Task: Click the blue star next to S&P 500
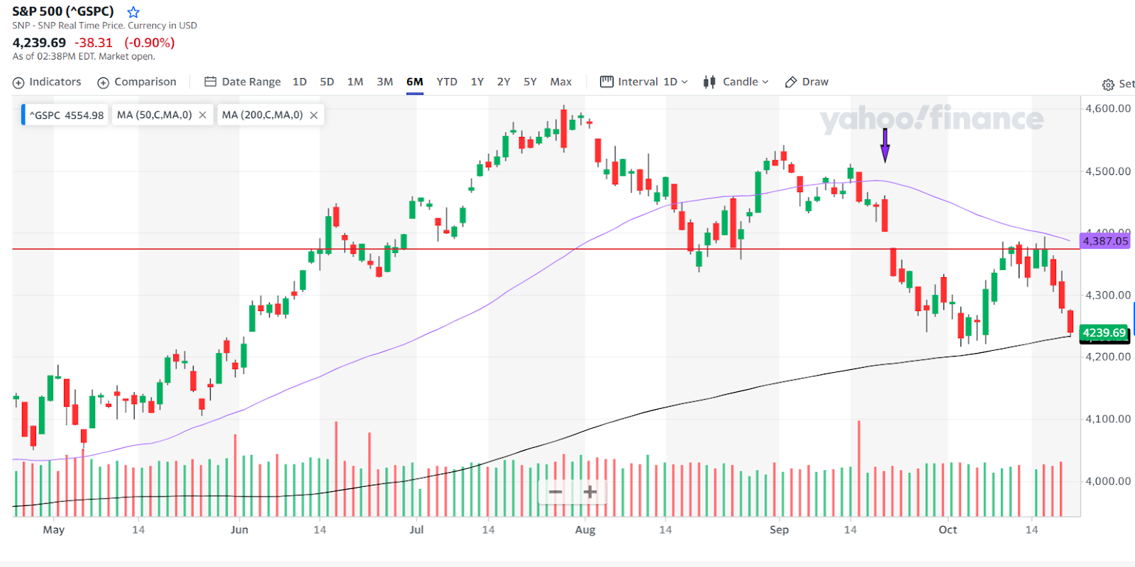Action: (133, 12)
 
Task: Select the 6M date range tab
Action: (414, 82)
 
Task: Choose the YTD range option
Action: (447, 82)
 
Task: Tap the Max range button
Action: (560, 82)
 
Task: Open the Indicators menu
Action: (47, 82)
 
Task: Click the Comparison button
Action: (137, 82)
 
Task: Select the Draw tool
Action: (807, 82)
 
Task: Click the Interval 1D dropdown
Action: (644, 82)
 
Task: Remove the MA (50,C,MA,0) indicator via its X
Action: (203, 115)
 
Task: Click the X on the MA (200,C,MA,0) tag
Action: (314, 115)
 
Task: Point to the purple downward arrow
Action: (885, 145)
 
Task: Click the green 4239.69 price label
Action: (1104, 332)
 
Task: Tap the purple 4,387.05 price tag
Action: (1104, 241)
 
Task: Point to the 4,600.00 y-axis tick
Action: (1107, 108)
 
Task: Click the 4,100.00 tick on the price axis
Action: (1107, 419)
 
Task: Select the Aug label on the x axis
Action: (585, 529)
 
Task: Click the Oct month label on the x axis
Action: (948, 529)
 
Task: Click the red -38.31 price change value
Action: (94, 43)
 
